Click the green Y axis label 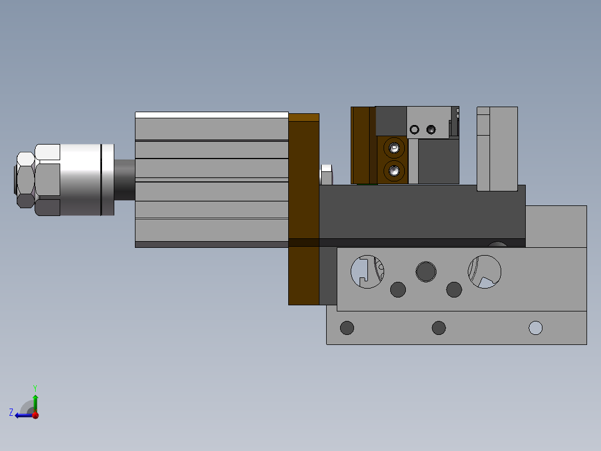pos(35,388)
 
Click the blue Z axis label pos(11,412)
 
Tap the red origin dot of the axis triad pos(35,415)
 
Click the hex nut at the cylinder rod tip pos(25,180)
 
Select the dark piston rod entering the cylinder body pos(124,180)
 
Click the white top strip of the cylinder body pos(212,115)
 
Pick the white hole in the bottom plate pos(535,328)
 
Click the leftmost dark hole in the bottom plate pos(347,328)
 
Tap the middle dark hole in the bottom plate pos(439,328)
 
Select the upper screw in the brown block pos(394,148)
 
